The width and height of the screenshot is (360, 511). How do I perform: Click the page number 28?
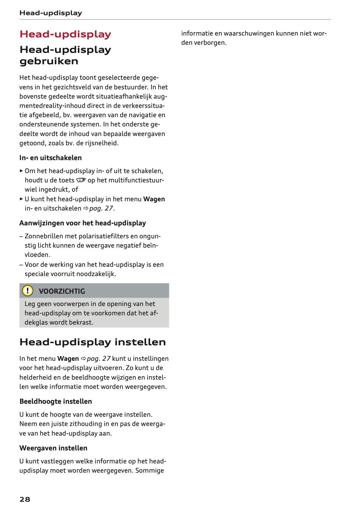coord(25,499)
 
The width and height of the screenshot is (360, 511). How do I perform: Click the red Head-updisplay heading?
coord(65,34)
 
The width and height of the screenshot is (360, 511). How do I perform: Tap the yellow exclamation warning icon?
coord(28,291)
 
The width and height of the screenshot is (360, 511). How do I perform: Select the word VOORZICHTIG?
coord(62,291)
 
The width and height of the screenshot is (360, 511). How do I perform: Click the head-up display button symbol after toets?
coord(81,180)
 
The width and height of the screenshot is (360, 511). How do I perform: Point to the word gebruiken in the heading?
coord(49,61)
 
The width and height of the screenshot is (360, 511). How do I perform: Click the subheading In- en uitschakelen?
coord(50,158)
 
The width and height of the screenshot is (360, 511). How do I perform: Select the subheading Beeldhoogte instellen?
coord(56,401)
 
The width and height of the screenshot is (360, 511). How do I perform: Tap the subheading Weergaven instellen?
coord(53,448)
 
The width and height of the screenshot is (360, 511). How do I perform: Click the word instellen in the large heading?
coord(140,342)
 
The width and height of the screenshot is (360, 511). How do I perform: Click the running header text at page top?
coord(51,13)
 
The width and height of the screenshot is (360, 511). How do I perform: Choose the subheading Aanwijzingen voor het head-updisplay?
coord(83,223)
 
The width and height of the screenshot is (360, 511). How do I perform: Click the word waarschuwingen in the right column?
coord(249,33)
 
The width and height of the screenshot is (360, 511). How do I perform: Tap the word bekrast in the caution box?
coord(82,322)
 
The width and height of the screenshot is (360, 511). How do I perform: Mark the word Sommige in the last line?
coord(150,471)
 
